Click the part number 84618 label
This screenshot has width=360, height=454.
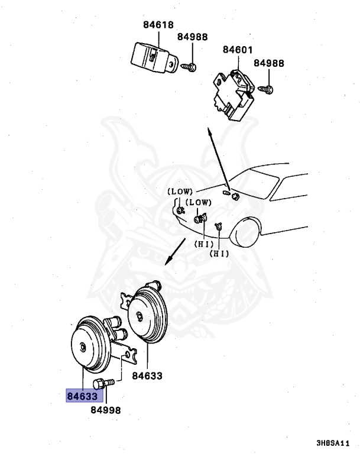158,25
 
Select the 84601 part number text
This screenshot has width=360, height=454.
238,51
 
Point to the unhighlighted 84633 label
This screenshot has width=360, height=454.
147,375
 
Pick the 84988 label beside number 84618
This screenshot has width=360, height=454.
192,37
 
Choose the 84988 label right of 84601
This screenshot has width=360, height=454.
269,63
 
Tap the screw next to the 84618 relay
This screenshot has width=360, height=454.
189,67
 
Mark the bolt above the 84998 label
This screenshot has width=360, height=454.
103,383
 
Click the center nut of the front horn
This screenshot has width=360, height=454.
83,346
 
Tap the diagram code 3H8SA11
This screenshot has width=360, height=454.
333,442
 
